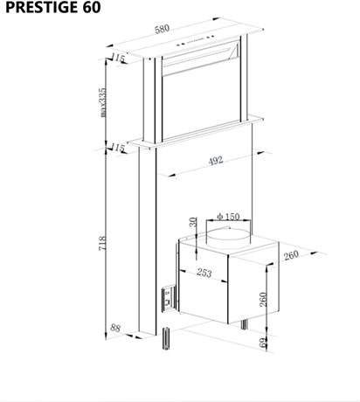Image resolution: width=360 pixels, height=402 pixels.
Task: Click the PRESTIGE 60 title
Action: [x=53, y=7]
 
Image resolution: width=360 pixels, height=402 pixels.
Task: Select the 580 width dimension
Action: [x=162, y=29]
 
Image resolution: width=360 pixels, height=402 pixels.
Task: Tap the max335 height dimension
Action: [x=102, y=102]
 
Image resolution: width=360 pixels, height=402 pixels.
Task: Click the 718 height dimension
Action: [x=102, y=243]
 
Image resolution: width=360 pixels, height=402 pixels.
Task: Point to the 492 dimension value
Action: [x=216, y=160]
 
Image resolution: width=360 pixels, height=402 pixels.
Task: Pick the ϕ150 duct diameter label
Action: [x=228, y=217]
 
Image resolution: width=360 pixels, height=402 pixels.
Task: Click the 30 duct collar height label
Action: [x=193, y=222]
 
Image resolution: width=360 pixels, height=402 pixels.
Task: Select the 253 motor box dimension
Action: [x=204, y=273]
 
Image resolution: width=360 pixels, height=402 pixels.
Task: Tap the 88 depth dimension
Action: [x=115, y=328]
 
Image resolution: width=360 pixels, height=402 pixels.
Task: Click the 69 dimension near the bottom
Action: [x=263, y=343]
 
